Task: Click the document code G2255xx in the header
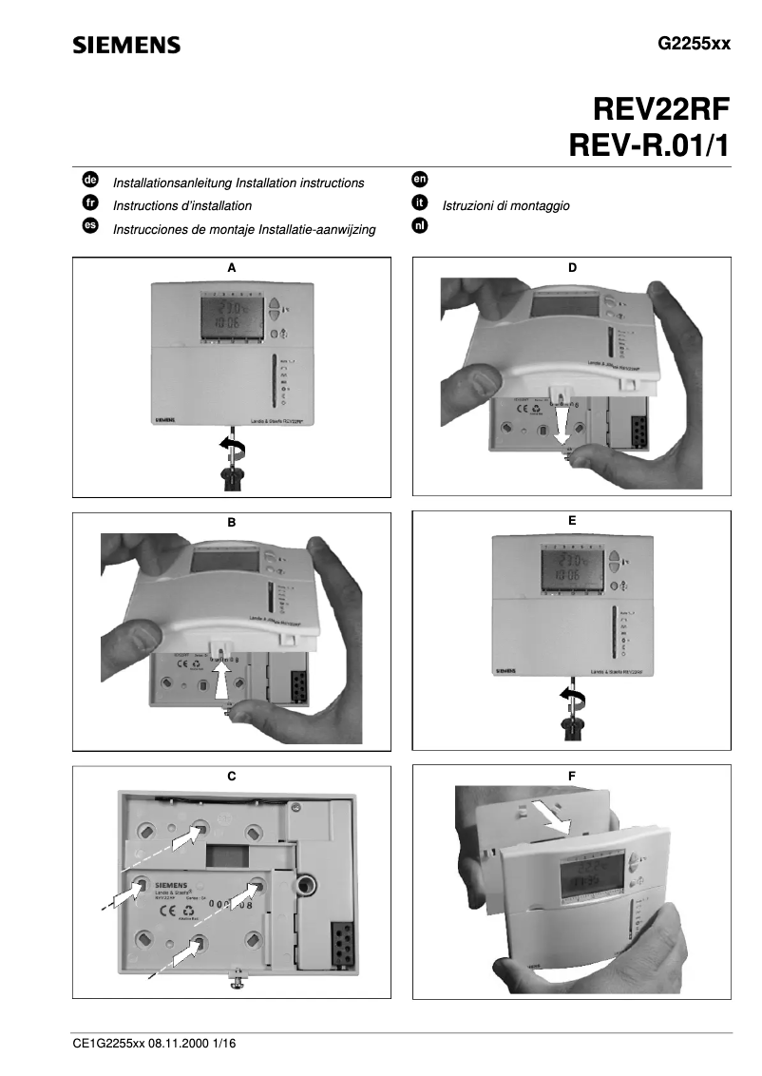(x=695, y=45)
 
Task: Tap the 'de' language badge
(x=90, y=179)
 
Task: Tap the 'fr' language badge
(x=90, y=202)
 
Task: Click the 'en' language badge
(x=418, y=179)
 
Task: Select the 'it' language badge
(x=418, y=202)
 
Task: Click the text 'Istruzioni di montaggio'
(x=505, y=205)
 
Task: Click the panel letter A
(x=231, y=268)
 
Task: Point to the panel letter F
(x=571, y=776)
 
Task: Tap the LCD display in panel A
(x=226, y=314)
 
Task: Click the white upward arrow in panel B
(x=223, y=682)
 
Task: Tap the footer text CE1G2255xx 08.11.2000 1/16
(x=154, y=1043)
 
